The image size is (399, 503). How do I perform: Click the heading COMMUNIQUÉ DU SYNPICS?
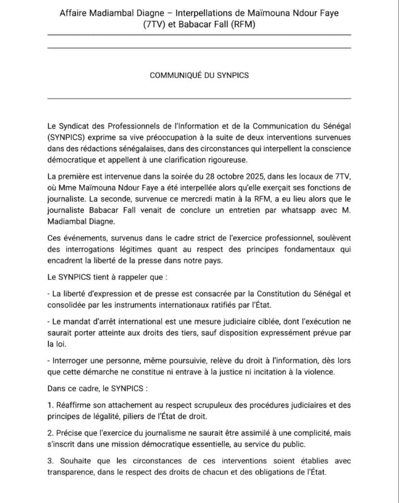pos(199,75)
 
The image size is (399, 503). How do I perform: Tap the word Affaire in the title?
pos(73,13)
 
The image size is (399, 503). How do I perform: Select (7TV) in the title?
pos(154,25)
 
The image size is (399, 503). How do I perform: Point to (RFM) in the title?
pos(242,25)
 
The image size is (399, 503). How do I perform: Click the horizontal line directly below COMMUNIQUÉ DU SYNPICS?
pos(199,99)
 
